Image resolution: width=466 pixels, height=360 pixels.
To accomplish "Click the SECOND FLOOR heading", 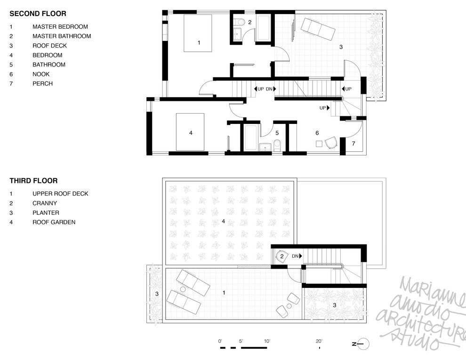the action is pos(38,14).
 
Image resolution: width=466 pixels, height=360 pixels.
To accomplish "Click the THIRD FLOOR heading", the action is pos(33,180).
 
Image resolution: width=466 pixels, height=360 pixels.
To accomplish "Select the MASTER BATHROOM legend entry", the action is pos(62,36).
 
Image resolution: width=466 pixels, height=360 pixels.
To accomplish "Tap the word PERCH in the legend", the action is pos(42,83).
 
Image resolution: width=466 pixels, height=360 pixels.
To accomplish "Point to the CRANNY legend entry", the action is pos(45,203).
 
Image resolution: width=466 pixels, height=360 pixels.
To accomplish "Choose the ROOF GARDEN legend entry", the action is pos(54,222).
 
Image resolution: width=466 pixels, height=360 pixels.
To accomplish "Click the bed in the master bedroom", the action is pos(198,33).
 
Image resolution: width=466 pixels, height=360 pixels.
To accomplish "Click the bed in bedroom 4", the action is pos(190,132).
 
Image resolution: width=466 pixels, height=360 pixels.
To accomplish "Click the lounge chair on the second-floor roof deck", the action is pos(318,28).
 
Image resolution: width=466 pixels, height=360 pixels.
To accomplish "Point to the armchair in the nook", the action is pos(330,142).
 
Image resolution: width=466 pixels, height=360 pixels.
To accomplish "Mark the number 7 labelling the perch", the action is pos(354,144).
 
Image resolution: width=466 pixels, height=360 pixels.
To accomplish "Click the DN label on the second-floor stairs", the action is pos(269,89).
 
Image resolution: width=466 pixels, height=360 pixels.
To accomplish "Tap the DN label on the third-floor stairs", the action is pos(295,256).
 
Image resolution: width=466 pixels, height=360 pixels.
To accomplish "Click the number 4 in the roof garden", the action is pos(224,221).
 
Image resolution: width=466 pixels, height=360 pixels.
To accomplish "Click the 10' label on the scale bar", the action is pos(267,341).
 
